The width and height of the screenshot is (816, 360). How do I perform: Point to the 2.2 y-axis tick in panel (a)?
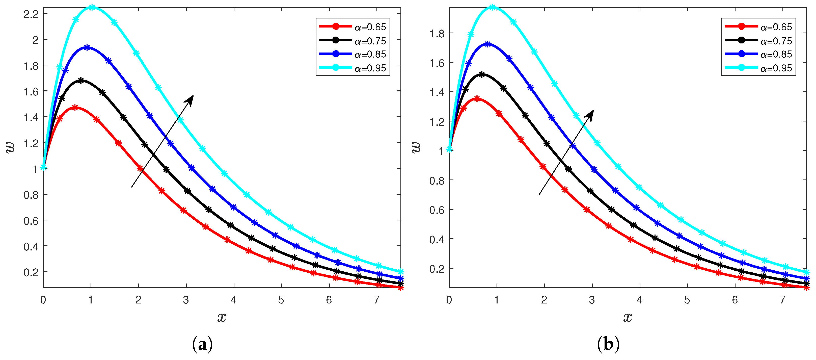click(31, 14)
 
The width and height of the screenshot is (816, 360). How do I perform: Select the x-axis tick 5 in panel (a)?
click(281, 300)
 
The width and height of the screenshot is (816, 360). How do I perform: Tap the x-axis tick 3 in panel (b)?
click(592, 300)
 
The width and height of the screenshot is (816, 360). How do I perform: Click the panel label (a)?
click(202, 344)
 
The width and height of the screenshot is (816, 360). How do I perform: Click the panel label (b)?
click(608, 344)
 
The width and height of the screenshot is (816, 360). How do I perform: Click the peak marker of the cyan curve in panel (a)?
click(92, 7)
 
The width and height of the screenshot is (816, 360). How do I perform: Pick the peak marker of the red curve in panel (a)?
click(75, 108)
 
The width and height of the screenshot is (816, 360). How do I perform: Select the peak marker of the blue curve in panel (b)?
click(488, 44)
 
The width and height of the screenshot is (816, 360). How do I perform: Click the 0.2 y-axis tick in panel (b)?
click(437, 269)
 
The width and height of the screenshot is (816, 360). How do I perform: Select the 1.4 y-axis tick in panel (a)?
click(31, 117)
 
